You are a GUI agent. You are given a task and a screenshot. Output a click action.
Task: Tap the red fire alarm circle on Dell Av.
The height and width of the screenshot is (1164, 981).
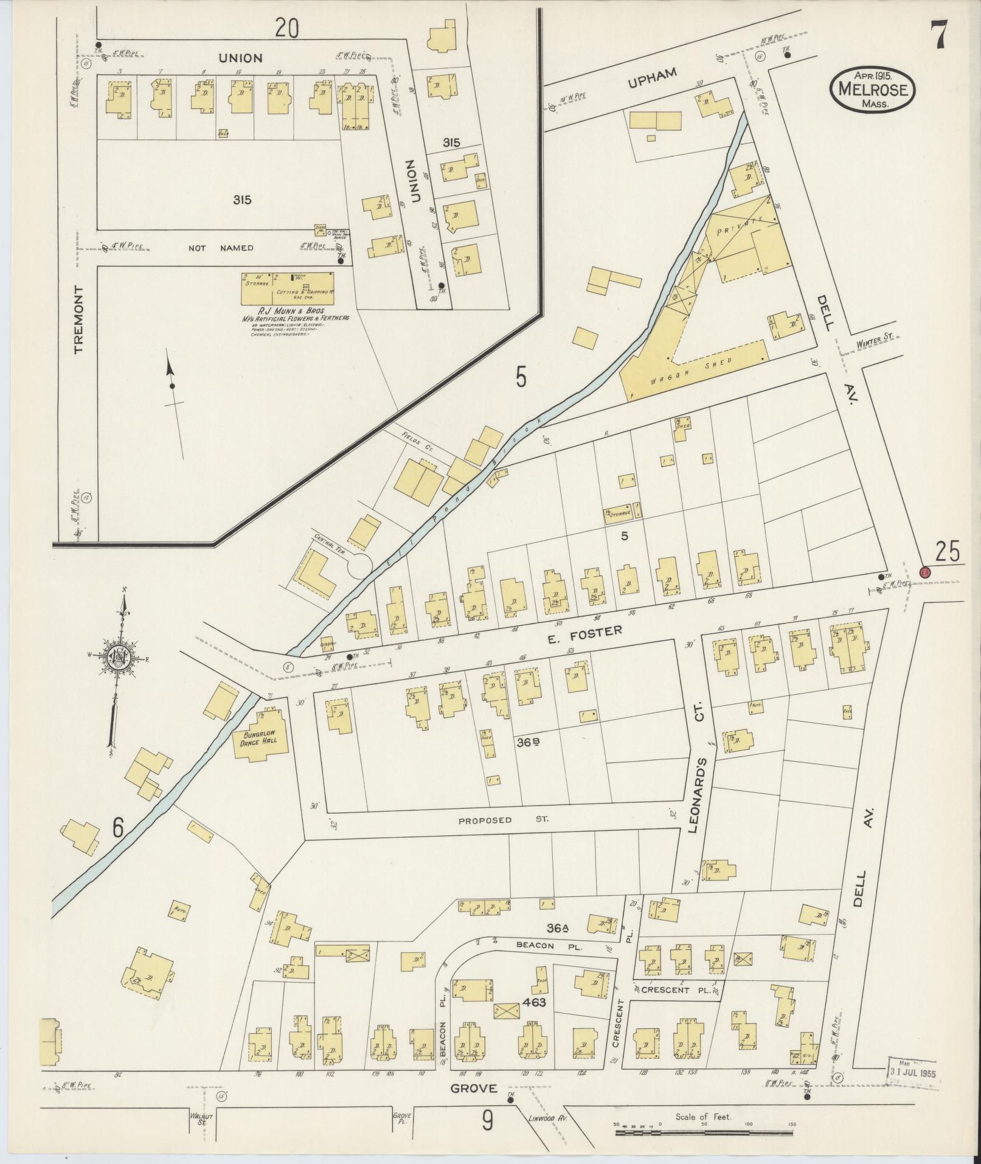click(925, 572)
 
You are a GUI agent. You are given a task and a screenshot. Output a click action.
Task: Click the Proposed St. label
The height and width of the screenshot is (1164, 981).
click(502, 820)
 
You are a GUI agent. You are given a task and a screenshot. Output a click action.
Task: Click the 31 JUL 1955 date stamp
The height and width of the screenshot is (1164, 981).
click(911, 1073)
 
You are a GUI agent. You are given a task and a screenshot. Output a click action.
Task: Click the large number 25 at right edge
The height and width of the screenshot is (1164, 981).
click(947, 551)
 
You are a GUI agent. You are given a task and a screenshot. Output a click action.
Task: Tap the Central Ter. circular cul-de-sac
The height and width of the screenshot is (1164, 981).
click(358, 565)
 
